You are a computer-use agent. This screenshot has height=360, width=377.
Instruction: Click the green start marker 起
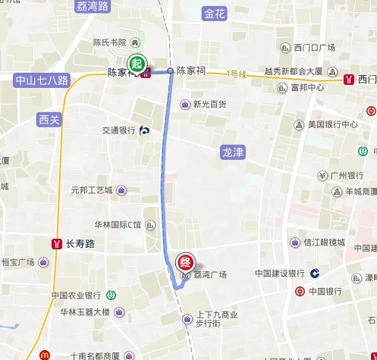[137, 63]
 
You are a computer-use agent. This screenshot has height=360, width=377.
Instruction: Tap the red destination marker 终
[184, 263]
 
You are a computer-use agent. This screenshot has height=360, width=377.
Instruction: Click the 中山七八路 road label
[42, 80]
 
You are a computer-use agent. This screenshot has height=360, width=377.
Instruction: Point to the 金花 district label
[215, 14]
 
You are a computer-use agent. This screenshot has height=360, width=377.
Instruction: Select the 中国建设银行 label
[279, 273]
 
